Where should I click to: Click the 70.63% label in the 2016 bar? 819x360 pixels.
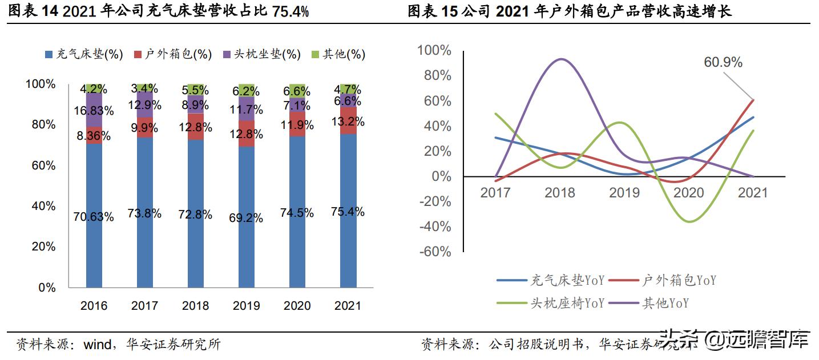click(x=94, y=217)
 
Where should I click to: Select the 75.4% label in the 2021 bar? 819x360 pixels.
click(x=348, y=212)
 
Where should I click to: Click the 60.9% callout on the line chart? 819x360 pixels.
click(x=723, y=62)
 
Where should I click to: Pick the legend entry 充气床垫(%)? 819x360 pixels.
click(x=84, y=54)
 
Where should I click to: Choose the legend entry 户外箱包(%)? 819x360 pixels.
click(x=172, y=54)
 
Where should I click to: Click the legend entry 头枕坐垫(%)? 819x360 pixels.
click(x=261, y=54)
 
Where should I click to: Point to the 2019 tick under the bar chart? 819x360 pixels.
click(x=247, y=306)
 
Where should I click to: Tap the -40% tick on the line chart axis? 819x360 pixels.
click(x=435, y=226)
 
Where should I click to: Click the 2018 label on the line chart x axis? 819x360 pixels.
click(x=560, y=192)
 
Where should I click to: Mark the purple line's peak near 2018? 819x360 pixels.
click(x=562, y=59)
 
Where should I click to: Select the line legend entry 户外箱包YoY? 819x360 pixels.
click(x=662, y=280)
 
